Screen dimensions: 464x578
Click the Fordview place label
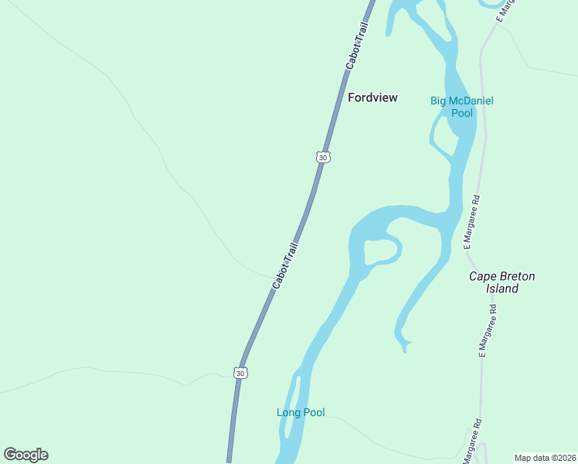372,97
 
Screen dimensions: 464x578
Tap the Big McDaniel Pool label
461,107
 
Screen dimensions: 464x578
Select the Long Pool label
301,412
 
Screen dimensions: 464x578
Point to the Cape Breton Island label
501,282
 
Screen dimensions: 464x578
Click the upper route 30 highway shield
323,157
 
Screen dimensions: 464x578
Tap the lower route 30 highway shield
241,373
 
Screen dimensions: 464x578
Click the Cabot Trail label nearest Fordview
357,46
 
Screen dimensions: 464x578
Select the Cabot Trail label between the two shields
285,265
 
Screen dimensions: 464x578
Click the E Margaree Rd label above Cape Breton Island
472,221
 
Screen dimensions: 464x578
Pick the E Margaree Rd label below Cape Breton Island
487,330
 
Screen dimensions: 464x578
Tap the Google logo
25,455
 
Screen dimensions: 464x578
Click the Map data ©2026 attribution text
545,458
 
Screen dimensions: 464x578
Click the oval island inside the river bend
380,251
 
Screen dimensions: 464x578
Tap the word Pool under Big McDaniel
461,113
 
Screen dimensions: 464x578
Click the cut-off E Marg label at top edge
505,10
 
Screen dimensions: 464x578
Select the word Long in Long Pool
287,412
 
